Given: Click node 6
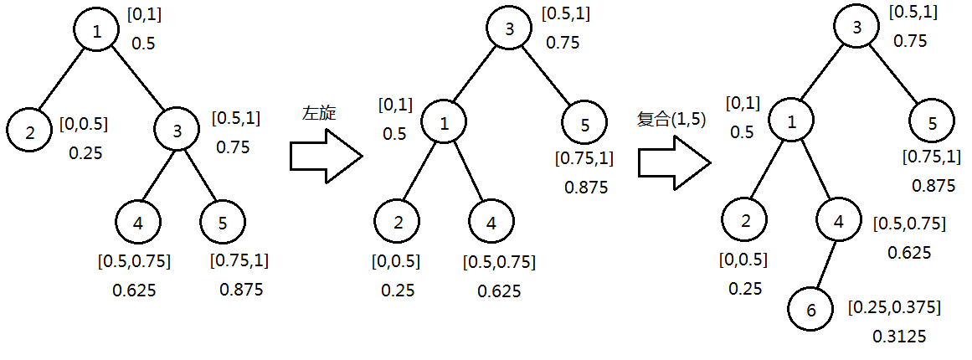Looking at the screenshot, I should (x=810, y=310).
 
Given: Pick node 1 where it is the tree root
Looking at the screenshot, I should (x=97, y=32).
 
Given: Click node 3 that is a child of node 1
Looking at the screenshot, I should (x=177, y=131).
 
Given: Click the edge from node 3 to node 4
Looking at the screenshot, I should (x=157, y=177).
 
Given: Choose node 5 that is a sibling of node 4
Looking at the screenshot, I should (x=222, y=224).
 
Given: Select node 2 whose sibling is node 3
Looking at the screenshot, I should (x=30, y=132).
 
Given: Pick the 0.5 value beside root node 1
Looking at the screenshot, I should (x=143, y=44).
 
